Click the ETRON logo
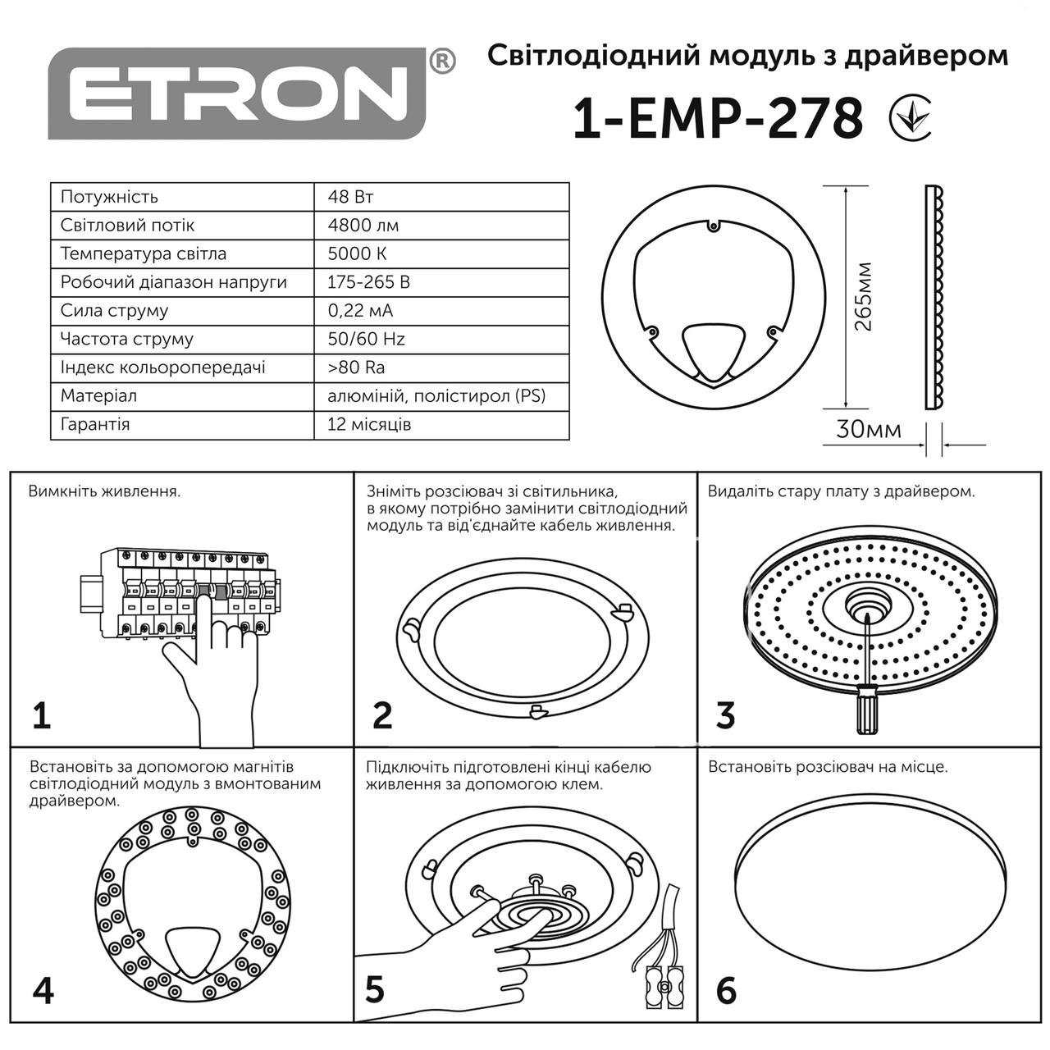(238, 93)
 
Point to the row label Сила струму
(114, 310)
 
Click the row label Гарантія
(95, 424)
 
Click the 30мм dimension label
(868, 430)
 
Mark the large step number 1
(42, 715)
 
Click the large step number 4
(43, 990)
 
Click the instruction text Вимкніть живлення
(104, 492)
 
